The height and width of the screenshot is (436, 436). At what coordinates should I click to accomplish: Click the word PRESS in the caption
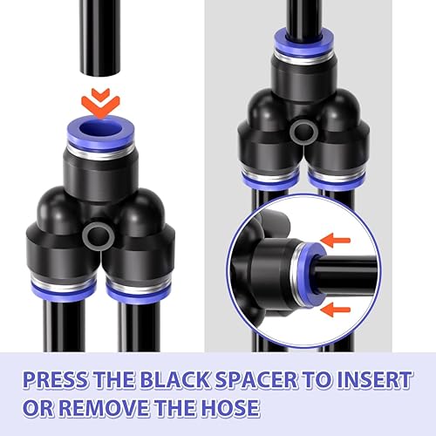pyautogui.click(x=55, y=379)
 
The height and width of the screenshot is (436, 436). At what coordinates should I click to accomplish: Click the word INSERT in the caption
pyautogui.click(x=374, y=379)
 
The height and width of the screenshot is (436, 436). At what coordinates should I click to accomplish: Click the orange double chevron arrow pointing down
pyautogui.click(x=100, y=103)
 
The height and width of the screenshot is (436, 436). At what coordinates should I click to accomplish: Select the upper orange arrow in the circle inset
pyautogui.click(x=335, y=241)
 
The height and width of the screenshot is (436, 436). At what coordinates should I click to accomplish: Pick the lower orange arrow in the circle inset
pyautogui.click(x=335, y=310)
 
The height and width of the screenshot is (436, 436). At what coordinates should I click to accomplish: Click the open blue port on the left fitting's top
pyautogui.click(x=100, y=130)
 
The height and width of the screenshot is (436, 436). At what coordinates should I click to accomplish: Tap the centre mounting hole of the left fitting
pyautogui.click(x=98, y=235)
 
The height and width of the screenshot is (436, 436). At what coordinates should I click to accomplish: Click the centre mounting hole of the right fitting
pyautogui.click(x=303, y=132)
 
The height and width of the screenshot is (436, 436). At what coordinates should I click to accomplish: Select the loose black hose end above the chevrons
pyautogui.click(x=100, y=37)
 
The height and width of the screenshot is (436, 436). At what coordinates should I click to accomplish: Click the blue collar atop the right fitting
pyautogui.click(x=304, y=44)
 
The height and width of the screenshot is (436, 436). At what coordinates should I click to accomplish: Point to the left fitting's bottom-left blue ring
pyautogui.click(x=64, y=292)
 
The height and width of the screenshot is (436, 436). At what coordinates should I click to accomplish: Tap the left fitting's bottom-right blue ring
pyautogui.click(x=139, y=294)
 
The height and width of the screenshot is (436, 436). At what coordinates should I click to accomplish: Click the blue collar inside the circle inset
pyautogui.click(x=310, y=274)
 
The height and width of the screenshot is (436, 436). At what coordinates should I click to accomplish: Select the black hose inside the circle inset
pyautogui.click(x=346, y=274)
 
